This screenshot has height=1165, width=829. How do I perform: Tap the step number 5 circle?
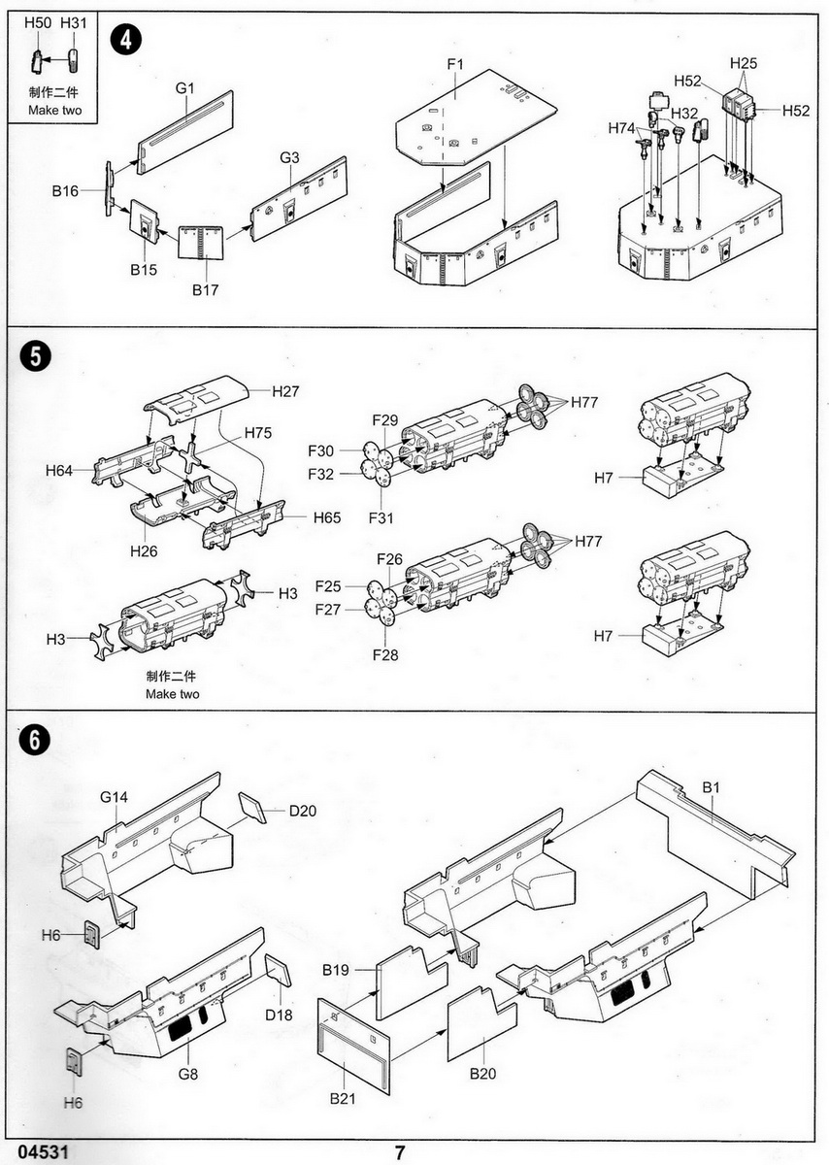click(x=31, y=355)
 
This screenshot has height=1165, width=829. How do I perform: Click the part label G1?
click(x=185, y=88)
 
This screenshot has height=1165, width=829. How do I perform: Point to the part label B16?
click(x=65, y=191)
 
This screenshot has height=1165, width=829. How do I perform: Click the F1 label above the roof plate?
click(x=456, y=64)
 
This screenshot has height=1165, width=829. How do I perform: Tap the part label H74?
click(x=622, y=128)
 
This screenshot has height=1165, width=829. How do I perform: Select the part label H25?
click(x=744, y=64)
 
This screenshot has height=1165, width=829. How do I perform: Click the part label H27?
click(x=285, y=392)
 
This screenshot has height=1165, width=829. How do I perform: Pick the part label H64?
click(x=59, y=471)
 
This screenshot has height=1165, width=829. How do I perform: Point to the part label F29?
click(x=385, y=419)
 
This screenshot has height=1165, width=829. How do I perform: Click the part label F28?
click(x=385, y=655)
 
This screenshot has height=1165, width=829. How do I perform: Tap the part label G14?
click(x=114, y=797)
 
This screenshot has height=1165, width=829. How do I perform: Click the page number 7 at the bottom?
click(x=399, y=1152)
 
